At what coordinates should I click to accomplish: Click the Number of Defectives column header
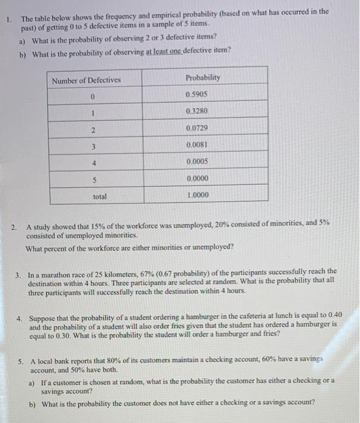click(86, 80)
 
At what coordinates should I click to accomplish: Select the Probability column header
click(203, 78)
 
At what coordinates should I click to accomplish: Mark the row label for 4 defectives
click(94, 163)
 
